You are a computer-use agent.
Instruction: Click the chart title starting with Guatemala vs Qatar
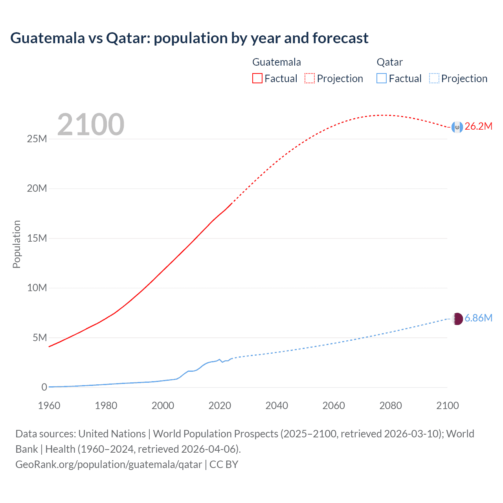189,38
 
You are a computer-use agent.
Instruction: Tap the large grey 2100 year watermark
91,125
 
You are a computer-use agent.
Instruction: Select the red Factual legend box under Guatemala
257,78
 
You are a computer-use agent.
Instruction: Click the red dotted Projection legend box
310,78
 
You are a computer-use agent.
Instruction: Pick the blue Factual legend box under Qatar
382,78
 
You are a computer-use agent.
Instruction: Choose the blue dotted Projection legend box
434,78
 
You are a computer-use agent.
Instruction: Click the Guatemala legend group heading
276,62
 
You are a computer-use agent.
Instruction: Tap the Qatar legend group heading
389,62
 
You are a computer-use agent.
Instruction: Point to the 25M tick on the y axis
37,139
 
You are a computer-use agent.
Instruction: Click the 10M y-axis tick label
37,288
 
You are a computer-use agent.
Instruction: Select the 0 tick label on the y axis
44,387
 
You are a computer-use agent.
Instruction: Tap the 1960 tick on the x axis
49,406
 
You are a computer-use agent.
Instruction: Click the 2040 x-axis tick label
277,406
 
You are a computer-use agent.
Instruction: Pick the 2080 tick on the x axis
391,406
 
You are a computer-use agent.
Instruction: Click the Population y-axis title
17,244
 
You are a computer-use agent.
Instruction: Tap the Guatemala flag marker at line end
457,127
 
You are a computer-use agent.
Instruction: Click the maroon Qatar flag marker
457,319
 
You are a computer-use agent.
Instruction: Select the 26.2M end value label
478,127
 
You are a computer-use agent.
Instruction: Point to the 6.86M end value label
478,318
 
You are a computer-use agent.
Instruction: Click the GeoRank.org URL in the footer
109,464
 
